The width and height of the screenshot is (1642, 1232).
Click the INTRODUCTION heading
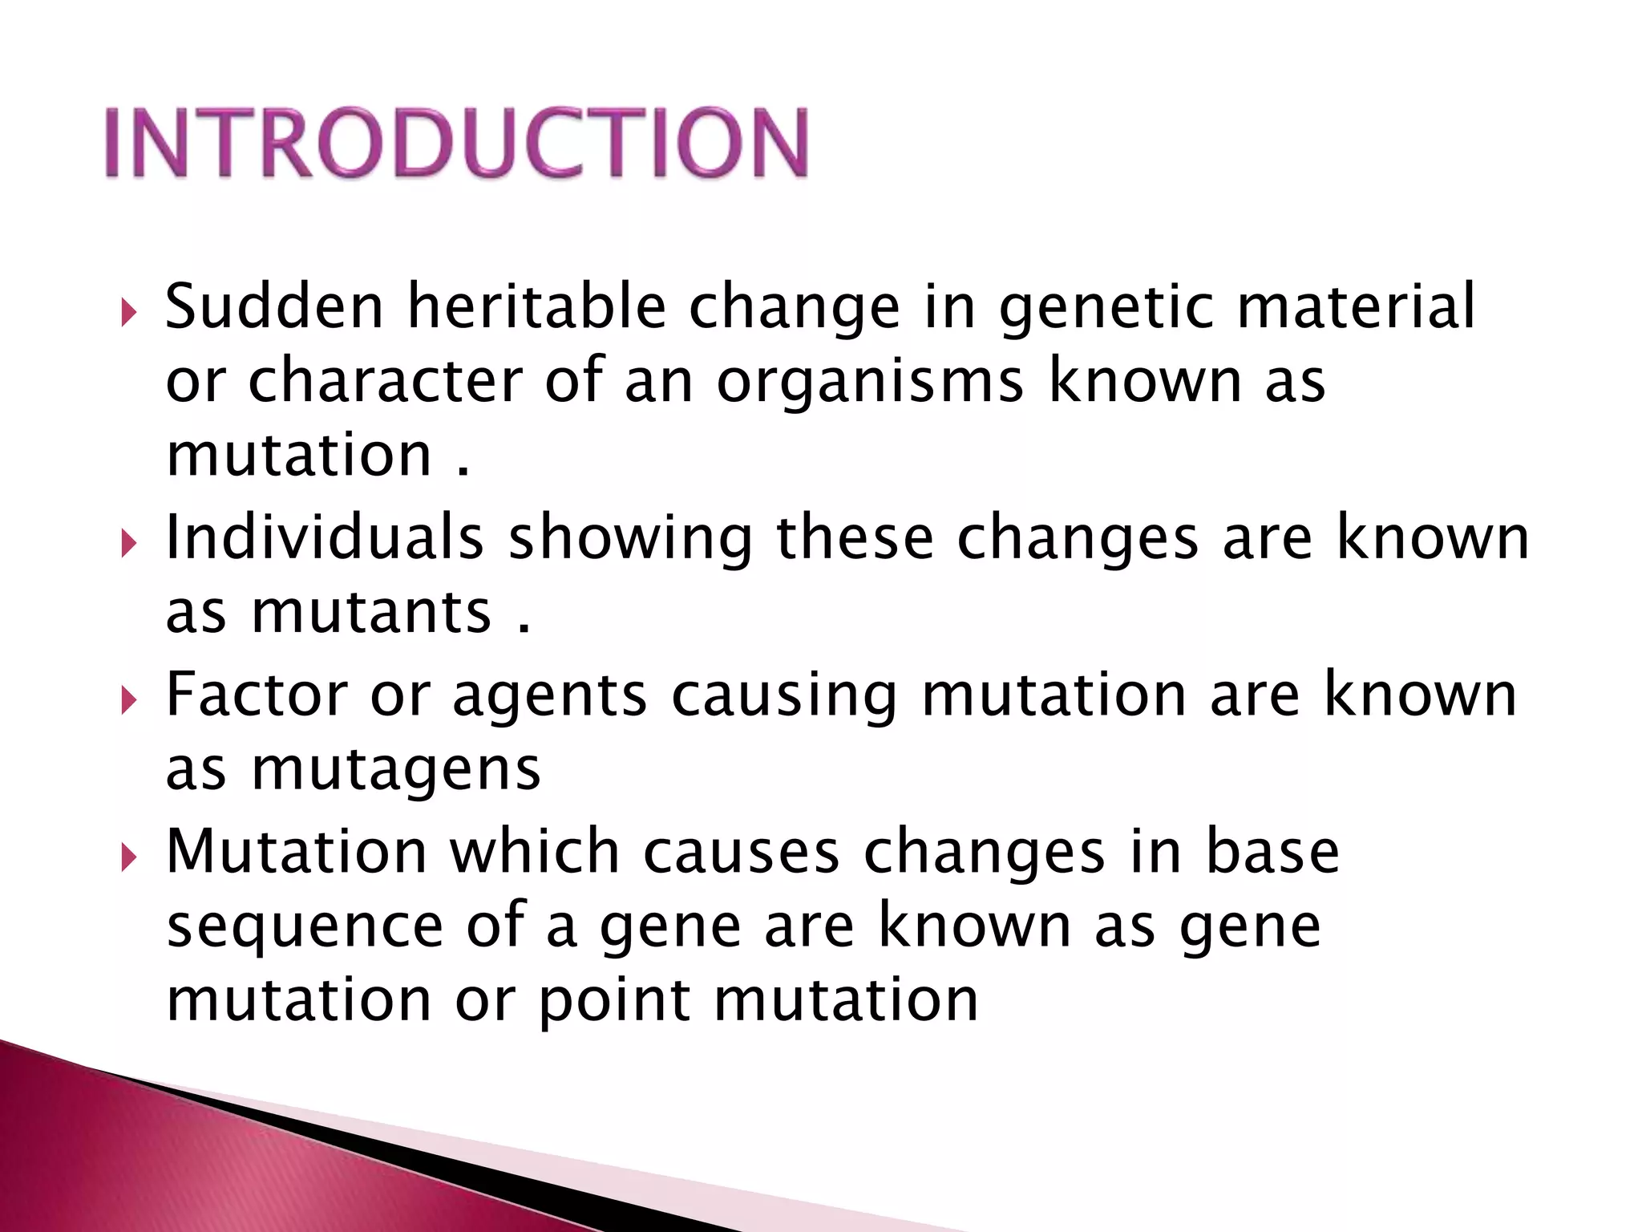click(457, 143)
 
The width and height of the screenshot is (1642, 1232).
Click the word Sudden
click(274, 306)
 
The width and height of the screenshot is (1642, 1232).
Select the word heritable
click(536, 306)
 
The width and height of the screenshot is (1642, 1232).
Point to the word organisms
click(870, 383)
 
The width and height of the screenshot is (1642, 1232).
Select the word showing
click(630, 539)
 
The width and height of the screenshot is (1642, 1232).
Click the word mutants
click(370, 612)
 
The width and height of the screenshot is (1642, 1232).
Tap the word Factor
click(257, 694)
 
